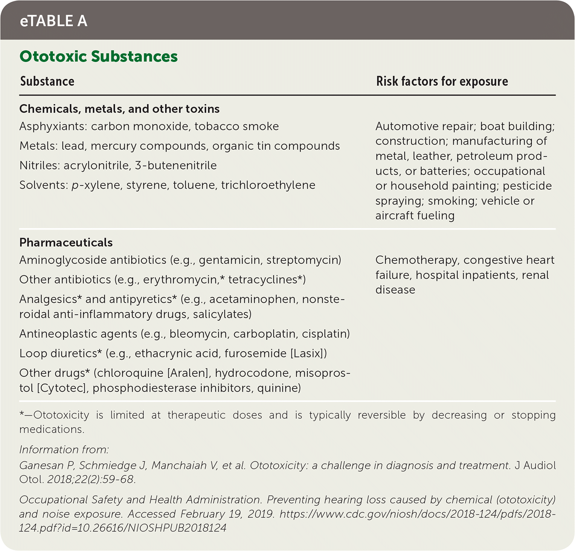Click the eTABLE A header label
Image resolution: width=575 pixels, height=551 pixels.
click(x=53, y=21)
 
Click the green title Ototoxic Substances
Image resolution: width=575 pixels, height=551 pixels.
click(x=98, y=56)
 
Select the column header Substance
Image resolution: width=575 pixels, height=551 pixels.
click(x=47, y=81)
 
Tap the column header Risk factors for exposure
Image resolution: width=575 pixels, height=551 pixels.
click(x=442, y=81)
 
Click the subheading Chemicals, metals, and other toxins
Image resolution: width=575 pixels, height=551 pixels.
click(x=119, y=109)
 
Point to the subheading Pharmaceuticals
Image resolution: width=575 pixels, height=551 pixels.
click(x=66, y=242)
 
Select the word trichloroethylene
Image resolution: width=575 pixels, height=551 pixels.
click(x=268, y=185)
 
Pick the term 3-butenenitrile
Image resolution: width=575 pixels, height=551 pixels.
click(x=175, y=166)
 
